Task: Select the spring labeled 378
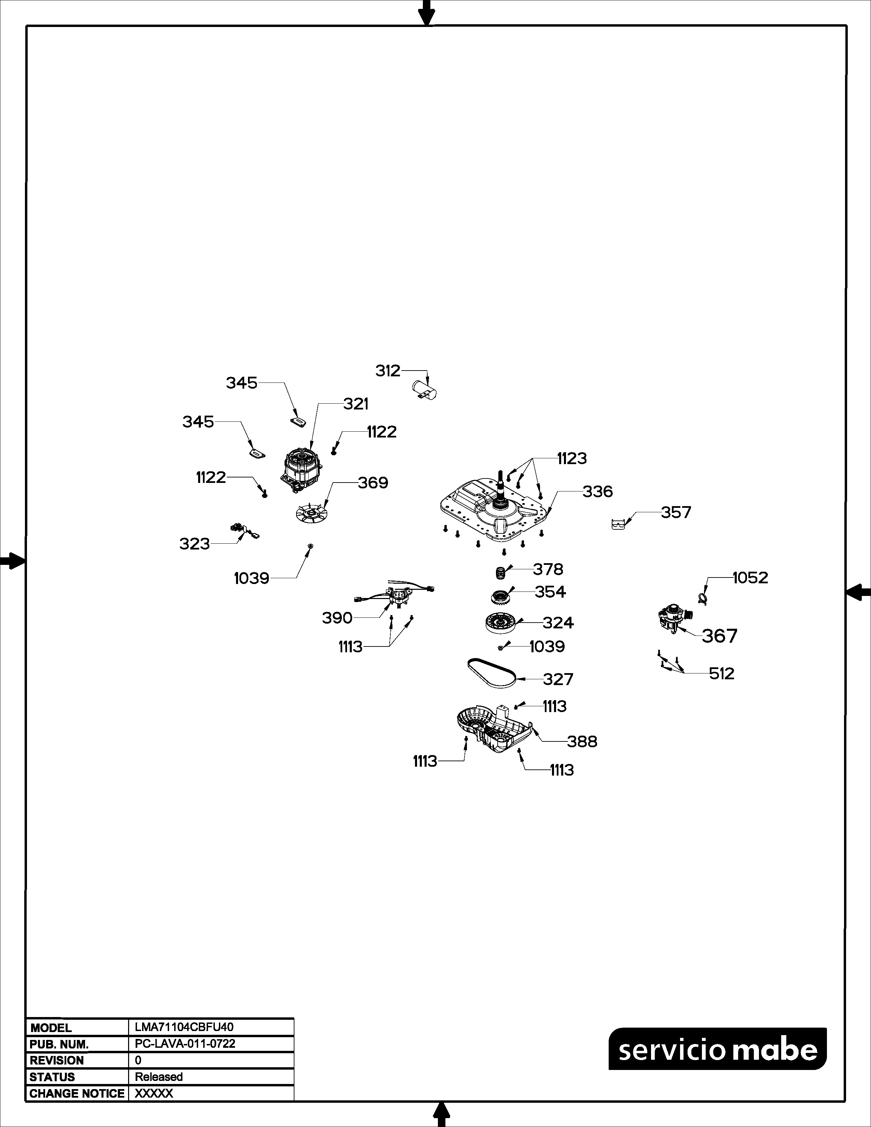(499, 573)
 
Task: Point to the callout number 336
(597, 492)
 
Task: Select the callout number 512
(721, 673)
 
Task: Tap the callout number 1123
(572, 458)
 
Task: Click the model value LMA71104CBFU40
(184, 1027)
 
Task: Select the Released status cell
(159, 1077)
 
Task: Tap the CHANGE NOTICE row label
(77, 1094)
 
